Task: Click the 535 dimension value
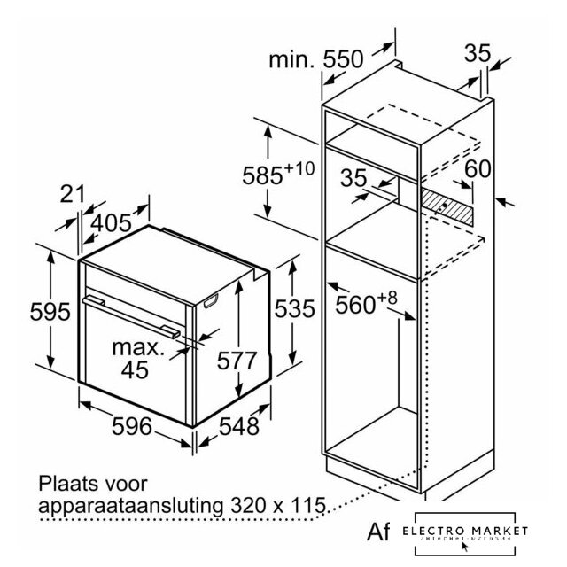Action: (293, 309)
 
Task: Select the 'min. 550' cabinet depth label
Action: (316, 59)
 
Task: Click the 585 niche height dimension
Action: (276, 172)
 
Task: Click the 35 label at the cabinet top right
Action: (478, 54)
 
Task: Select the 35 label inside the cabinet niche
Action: (353, 178)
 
